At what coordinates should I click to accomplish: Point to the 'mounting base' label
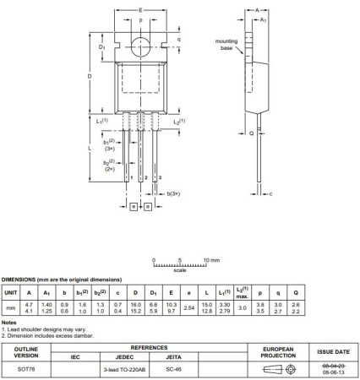[226, 44]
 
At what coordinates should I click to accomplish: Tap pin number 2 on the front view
[146, 178]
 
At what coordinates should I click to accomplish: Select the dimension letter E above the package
[140, 8]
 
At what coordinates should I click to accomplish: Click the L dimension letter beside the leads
[90, 148]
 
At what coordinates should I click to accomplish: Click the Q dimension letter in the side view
[247, 133]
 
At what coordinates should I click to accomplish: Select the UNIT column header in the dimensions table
[11, 292]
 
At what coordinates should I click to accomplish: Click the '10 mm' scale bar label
[212, 260]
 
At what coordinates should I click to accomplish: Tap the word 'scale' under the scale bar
[180, 270]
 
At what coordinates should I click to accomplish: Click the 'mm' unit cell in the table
[11, 310]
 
